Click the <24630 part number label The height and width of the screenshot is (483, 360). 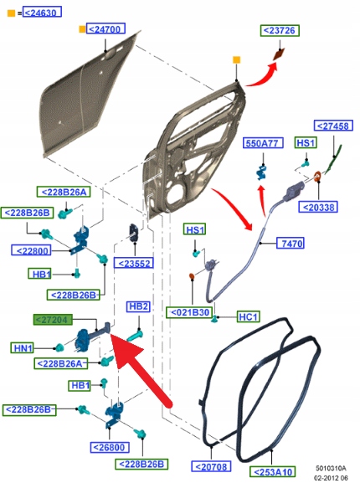pyautogui.click(x=42, y=13)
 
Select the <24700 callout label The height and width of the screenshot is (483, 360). pyautogui.click(x=105, y=28)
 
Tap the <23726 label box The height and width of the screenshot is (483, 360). pyautogui.click(x=280, y=30)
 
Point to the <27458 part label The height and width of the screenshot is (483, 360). pyautogui.click(x=333, y=126)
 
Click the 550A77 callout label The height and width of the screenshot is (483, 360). pyautogui.click(x=263, y=143)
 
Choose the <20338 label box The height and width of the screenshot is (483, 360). pyautogui.click(x=318, y=207)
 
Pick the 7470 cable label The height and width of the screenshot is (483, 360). pyautogui.click(x=291, y=243)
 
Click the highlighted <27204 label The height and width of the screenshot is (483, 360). pyautogui.click(x=53, y=320)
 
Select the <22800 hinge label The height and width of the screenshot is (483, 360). pyautogui.click(x=31, y=250)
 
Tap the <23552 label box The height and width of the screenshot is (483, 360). pyautogui.click(x=134, y=263)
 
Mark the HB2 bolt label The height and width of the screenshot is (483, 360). pyautogui.click(x=138, y=306)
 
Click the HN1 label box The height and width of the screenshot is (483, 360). pyautogui.click(x=23, y=347)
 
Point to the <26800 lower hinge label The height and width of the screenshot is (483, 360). pyautogui.click(x=110, y=447)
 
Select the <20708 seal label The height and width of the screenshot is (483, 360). pyautogui.click(x=211, y=466)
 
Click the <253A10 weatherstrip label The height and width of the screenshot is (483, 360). pyautogui.click(x=273, y=472)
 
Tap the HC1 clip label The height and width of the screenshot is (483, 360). pyautogui.click(x=248, y=316)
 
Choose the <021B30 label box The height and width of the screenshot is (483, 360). pyautogui.click(x=189, y=312)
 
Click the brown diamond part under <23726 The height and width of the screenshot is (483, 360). pyautogui.click(x=279, y=55)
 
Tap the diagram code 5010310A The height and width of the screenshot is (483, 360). pyautogui.click(x=331, y=468)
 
